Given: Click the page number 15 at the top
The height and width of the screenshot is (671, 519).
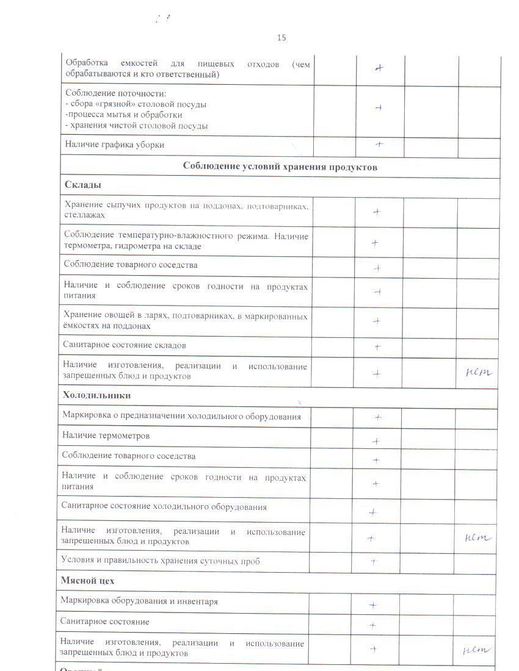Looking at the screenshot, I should (x=281, y=38).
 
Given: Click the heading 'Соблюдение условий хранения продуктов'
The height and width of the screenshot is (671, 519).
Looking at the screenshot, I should (x=280, y=167).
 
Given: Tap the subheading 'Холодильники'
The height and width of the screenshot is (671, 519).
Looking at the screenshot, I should (x=96, y=395).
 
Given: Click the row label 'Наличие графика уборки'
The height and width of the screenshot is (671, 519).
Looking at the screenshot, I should (x=115, y=145).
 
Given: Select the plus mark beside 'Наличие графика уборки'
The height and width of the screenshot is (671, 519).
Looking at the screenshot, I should (x=379, y=145).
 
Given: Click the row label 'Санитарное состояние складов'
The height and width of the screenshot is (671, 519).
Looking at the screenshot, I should (x=125, y=345).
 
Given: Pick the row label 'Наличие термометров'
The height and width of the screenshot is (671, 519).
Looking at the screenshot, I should (x=106, y=436).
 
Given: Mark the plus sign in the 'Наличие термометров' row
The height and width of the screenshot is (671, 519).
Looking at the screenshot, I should (x=376, y=440).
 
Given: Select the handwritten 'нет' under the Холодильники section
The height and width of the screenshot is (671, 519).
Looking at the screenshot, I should (x=477, y=537).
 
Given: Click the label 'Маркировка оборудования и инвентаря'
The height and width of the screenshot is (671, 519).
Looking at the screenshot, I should (x=139, y=601).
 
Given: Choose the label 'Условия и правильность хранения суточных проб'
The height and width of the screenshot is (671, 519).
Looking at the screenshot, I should (x=160, y=561).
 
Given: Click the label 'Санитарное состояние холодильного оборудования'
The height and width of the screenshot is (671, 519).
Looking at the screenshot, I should (x=164, y=507).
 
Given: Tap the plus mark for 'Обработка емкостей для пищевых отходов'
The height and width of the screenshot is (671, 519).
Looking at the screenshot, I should (x=379, y=68).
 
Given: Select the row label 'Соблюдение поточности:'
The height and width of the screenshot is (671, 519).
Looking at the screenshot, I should (x=116, y=93).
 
